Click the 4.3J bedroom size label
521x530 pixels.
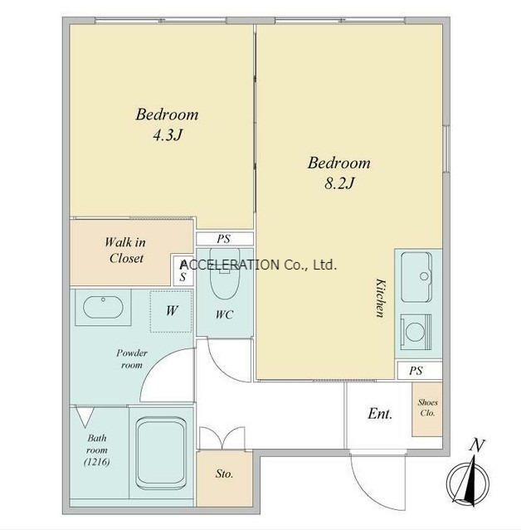[x=168, y=135]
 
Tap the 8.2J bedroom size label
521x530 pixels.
[x=339, y=184]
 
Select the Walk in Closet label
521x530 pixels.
[x=125, y=250]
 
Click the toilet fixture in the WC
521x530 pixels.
[x=225, y=274]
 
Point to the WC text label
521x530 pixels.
[x=225, y=314]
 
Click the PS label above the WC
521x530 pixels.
[x=224, y=239]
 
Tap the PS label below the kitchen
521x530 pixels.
[x=416, y=371]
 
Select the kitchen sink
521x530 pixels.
[x=416, y=277]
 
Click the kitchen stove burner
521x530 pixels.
[x=416, y=332]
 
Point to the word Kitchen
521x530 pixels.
[x=380, y=298]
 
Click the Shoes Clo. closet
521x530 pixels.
[x=427, y=409]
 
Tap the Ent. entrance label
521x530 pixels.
[x=380, y=413]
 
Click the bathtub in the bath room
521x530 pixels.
[x=161, y=453]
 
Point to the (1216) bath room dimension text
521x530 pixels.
[x=97, y=462]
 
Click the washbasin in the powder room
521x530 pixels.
[x=103, y=307]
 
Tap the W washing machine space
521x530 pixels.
[x=172, y=311]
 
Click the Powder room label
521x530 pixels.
[x=132, y=359]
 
